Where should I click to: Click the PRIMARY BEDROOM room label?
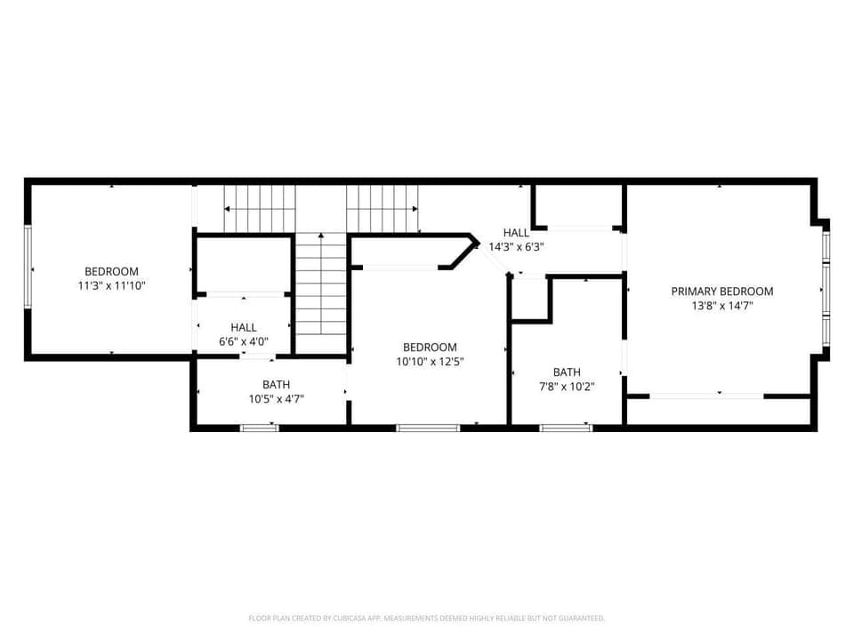[x=721, y=292]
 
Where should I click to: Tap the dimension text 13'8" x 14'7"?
[x=721, y=306]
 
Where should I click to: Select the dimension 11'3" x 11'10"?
[x=111, y=286]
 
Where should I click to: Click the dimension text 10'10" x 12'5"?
[x=430, y=362]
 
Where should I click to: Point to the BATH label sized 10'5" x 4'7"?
[x=276, y=385]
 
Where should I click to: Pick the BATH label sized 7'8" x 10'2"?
[x=567, y=372]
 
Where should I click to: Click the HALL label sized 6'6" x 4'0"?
[x=243, y=328]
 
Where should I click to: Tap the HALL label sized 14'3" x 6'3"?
[x=516, y=233]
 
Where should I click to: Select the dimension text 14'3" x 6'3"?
[x=516, y=247]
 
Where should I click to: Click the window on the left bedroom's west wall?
[x=28, y=268]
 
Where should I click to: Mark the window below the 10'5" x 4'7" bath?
[x=259, y=428]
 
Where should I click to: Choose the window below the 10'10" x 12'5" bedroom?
[x=427, y=428]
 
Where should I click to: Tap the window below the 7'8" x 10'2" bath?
[x=566, y=428]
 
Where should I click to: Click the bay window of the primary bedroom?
[x=826, y=289]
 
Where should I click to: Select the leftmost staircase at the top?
[x=259, y=209]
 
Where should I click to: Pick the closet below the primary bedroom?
[x=719, y=411]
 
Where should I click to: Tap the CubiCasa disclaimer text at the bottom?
[x=427, y=618]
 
